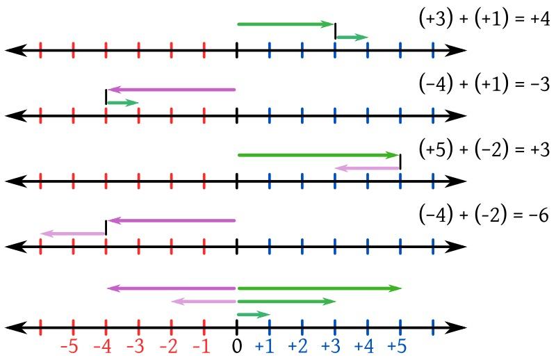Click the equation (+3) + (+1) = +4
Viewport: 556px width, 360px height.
click(x=484, y=19)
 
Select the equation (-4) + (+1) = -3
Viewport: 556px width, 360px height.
click(x=484, y=84)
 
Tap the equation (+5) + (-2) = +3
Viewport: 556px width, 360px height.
click(x=484, y=149)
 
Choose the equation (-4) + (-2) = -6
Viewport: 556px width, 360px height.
click(x=484, y=215)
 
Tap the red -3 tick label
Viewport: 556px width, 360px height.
click(x=137, y=346)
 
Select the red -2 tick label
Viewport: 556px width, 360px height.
click(x=170, y=346)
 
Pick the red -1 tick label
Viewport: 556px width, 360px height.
click(x=202, y=346)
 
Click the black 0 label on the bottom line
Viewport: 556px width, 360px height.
click(x=237, y=346)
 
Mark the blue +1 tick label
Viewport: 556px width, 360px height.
click(x=268, y=346)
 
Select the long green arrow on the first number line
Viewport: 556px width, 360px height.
click(x=286, y=24)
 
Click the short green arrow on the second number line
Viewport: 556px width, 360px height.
click(x=122, y=103)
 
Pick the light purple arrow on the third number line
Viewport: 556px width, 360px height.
click(x=367, y=168)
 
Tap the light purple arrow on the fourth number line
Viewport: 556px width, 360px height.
click(x=73, y=234)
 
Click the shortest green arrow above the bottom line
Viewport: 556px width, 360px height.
click(x=253, y=315)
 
